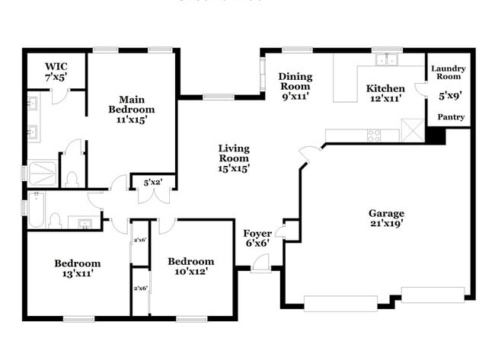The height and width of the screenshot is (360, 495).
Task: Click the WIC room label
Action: click(x=56, y=66)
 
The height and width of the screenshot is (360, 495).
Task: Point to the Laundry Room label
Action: click(x=449, y=73)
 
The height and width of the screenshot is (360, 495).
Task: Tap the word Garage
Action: click(x=387, y=213)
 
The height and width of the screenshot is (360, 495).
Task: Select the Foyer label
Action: click(x=257, y=233)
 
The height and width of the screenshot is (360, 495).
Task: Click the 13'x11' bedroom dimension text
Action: click(x=77, y=273)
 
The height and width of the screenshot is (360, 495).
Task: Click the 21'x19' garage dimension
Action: click(x=387, y=224)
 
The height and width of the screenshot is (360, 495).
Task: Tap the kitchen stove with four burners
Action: click(x=375, y=135)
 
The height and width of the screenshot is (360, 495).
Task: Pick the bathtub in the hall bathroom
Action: click(x=35, y=209)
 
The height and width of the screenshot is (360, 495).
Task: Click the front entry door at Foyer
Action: click(x=260, y=263)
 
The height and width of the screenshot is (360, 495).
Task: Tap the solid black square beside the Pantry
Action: click(x=436, y=135)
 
